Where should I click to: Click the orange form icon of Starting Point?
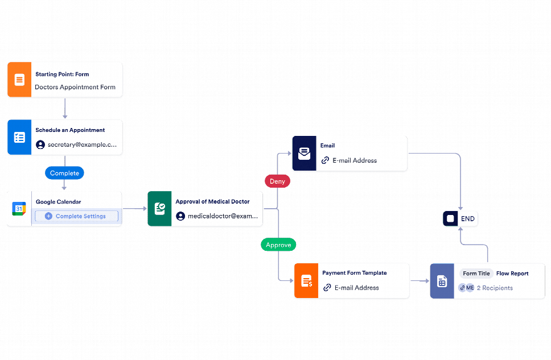click(x=19, y=80)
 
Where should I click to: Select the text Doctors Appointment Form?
click(x=75, y=88)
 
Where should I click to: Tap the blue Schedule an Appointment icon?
click(x=19, y=137)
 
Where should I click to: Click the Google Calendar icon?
click(x=19, y=209)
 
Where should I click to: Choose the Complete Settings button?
click(x=77, y=216)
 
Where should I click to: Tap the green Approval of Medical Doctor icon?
click(x=159, y=209)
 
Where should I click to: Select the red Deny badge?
click(x=277, y=181)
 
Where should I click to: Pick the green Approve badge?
click(x=278, y=245)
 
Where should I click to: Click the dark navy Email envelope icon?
click(x=304, y=154)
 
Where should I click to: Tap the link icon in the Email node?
click(x=326, y=160)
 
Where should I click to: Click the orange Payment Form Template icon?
click(x=306, y=281)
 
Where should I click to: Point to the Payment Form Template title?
click(x=354, y=273)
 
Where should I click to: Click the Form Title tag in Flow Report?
click(x=476, y=274)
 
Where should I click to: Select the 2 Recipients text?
click(x=495, y=288)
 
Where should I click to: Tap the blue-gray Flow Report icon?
click(x=442, y=281)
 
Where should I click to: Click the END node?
click(x=461, y=218)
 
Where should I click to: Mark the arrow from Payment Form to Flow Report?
click(x=420, y=281)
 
